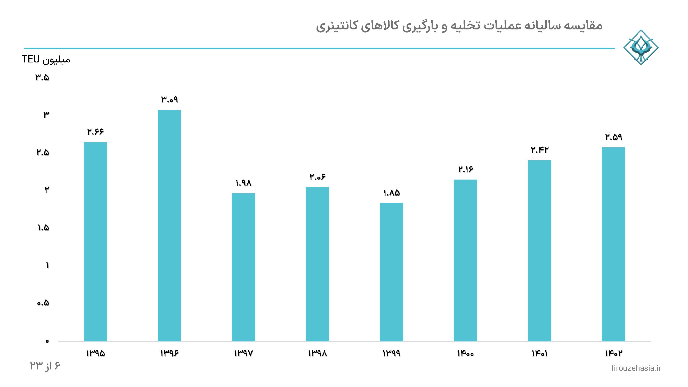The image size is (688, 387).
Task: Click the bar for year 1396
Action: coord(169,226)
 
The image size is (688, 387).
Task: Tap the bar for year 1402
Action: coord(613,244)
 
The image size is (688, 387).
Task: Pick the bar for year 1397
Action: coord(243,267)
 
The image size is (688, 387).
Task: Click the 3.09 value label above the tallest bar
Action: coord(169,100)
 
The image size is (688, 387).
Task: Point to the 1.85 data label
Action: coord(391,193)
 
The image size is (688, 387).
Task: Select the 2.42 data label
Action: coord(539,150)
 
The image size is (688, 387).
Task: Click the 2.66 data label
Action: coord(95,132)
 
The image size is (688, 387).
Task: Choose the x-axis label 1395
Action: coord(95,354)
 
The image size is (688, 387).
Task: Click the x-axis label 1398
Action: coord(317,354)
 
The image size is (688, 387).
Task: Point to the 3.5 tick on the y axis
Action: coord(42,78)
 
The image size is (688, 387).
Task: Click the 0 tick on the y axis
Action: coord(47,341)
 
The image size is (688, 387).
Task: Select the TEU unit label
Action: coord(30,59)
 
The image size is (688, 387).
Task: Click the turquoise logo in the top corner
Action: coord(641,47)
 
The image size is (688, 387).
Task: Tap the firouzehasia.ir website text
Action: coord(636,368)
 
